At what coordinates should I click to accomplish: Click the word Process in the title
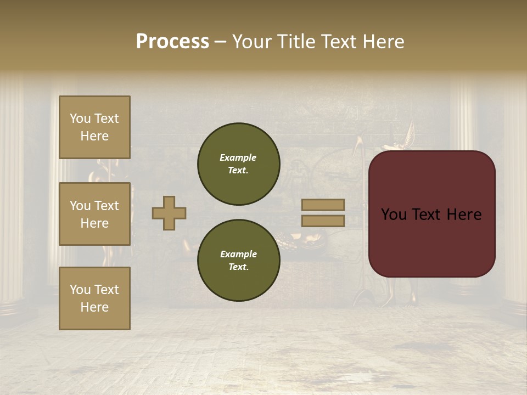tap(172, 42)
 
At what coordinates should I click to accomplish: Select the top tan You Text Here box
tap(94, 127)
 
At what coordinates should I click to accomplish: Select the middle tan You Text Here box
tap(94, 214)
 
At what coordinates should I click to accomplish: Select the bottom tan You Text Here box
tap(94, 298)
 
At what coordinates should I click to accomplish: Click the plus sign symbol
tap(169, 213)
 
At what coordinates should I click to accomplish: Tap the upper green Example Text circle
tap(238, 164)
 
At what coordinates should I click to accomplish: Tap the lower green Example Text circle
tap(238, 261)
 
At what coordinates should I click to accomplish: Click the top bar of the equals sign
tap(323, 205)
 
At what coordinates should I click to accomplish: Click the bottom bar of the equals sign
tap(323, 221)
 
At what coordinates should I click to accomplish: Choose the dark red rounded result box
tap(431, 214)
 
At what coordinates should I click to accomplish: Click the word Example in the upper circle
tap(238, 158)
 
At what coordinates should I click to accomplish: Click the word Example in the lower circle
tap(238, 255)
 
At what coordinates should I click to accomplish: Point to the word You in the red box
tap(394, 215)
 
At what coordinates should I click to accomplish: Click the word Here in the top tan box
tap(94, 136)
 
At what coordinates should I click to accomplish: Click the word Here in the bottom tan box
tap(94, 307)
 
